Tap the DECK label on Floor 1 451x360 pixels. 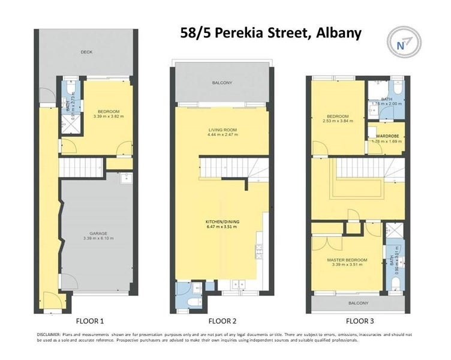click(87, 52)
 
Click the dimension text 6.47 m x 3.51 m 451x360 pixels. click(219, 227)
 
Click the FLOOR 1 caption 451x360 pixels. click(91, 321)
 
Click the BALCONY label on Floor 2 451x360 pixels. click(220, 83)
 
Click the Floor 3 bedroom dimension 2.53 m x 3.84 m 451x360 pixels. click(338, 121)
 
